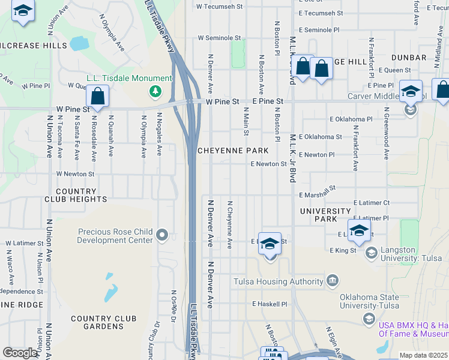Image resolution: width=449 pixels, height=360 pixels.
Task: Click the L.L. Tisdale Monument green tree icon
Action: click(x=156, y=91)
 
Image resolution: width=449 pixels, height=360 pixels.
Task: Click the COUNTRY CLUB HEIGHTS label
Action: click(x=75, y=194)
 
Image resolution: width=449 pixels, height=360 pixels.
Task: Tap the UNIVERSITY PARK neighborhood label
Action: click(x=325, y=215)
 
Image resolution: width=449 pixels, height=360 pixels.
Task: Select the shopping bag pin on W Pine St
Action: click(x=97, y=97)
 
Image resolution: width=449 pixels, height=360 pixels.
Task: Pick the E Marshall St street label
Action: click(x=317, y=191)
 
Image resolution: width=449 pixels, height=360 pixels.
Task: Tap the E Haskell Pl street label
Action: click(x=270, y=304)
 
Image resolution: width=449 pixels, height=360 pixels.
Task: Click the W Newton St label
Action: click(x=76, y=174)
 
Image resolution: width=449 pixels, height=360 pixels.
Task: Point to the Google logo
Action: click(x=20, y=353)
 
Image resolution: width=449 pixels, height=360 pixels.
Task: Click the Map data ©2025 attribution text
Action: click(x=424, y=355)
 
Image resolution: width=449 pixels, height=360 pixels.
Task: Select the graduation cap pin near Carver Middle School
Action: click(x=411, y=92)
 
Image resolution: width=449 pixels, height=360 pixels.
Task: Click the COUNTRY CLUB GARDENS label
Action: click(x=103, y=322)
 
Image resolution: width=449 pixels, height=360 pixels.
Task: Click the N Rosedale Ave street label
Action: click(x=94, y=144)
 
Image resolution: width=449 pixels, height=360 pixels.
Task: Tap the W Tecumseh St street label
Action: click(x=220, y=7)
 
